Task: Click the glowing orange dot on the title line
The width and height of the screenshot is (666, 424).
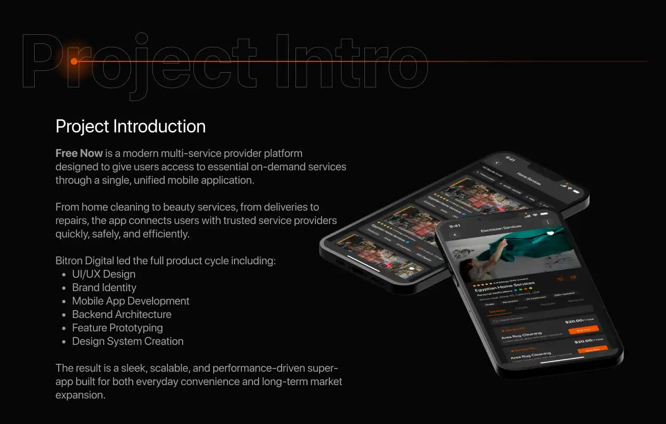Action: (x=74, y=61)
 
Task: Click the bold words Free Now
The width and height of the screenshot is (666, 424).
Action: (x=79, y=153)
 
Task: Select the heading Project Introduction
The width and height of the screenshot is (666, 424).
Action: (x=130, y=126)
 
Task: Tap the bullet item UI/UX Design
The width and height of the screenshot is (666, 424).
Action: (x=104, y=274)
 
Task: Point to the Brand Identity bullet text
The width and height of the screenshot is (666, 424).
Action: (x=104, y=287)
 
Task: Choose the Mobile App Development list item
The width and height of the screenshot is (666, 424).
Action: (x=130, y=301)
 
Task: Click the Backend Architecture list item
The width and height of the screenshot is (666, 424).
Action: (x=122, y=314)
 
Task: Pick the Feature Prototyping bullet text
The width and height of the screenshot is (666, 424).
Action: (x=117, y=328)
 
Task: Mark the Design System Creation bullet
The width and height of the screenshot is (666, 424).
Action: (x=128, y=341)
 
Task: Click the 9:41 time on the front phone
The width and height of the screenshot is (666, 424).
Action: (x=455, y=226)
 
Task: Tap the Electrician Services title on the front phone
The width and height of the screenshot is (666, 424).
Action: (x=501, y=228)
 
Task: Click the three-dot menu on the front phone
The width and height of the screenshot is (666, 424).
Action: (x=548, y=222)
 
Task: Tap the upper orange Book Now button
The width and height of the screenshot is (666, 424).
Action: (x=583, y=330)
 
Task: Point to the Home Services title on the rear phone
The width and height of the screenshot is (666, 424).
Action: (x=529, y=178)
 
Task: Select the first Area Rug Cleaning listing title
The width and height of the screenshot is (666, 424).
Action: (x=521, y=335)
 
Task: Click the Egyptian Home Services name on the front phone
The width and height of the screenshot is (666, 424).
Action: (x=504, y=287)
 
